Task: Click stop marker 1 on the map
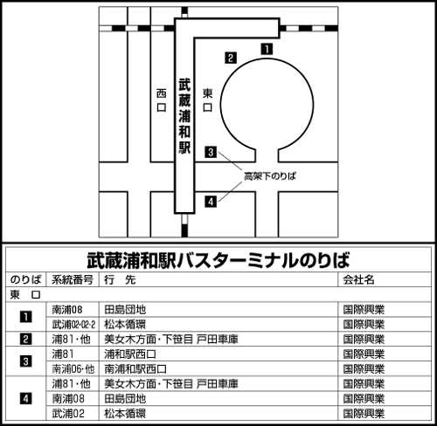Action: click(267, 49)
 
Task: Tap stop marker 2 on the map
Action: click(231, 58)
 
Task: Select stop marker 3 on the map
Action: click(211, 152)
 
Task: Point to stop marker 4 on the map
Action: click(211, 202)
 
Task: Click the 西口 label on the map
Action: click(162, 100)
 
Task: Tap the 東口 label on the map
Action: click(207, 100)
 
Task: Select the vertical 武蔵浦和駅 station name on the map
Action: click(184, 116)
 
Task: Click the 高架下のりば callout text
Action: click(270, 176)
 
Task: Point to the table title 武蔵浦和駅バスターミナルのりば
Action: click(218, 260)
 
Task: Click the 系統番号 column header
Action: click(73, 279)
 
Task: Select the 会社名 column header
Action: click(358, 279)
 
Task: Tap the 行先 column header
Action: click(120, 279)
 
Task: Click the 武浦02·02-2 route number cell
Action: click(73, 324)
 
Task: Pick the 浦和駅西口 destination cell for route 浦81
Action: click(130, 354)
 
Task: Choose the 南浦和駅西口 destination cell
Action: click(135, 369)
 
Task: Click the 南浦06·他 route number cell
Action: click(73, 369)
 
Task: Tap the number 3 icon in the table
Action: click(25, 361)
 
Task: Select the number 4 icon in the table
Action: click(25, 399)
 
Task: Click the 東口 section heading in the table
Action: click(25, 295)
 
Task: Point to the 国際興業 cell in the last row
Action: click(364, 414)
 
